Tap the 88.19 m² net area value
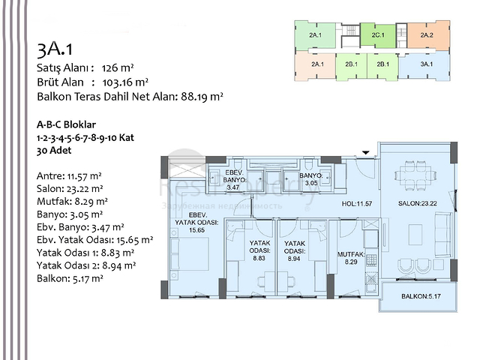tap(202, 96)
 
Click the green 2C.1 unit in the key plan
tap(378, 35)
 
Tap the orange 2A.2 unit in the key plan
tap(427, 35)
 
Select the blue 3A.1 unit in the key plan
tap(427, 64)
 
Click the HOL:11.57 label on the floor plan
tap(357, 203)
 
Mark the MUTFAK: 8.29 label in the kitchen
tap(350, 258)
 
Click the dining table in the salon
tap(416, 172)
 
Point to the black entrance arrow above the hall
tap(366, 153)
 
